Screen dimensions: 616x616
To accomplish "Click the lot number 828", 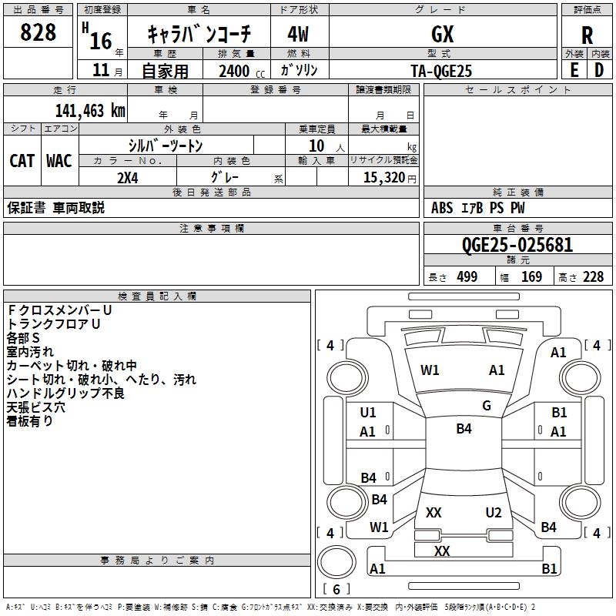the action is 38,32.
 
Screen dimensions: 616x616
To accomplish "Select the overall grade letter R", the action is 587,35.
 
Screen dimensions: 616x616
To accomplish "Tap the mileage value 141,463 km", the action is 90,111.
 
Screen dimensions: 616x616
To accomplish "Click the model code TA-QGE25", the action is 441,71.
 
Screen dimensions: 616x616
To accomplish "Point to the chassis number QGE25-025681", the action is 517,245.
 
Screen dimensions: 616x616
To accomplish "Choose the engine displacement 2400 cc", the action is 242,72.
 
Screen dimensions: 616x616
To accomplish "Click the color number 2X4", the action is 128,178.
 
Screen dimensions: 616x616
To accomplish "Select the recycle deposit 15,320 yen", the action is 390,178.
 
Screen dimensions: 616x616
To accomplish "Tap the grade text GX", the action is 442,34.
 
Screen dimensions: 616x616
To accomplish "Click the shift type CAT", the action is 22,161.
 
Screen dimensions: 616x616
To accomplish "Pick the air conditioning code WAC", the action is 59,161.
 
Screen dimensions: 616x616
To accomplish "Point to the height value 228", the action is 593,277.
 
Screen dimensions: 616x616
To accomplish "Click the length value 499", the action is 467,277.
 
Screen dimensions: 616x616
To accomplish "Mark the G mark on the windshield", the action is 487,406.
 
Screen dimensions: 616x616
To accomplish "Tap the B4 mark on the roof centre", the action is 464,429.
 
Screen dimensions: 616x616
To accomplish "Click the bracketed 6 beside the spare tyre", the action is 336,589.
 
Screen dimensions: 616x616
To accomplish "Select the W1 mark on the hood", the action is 430,370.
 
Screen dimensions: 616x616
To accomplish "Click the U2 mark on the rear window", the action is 494,513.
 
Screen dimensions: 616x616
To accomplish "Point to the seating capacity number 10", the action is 316,146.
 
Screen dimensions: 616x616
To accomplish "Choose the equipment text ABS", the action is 442,208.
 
